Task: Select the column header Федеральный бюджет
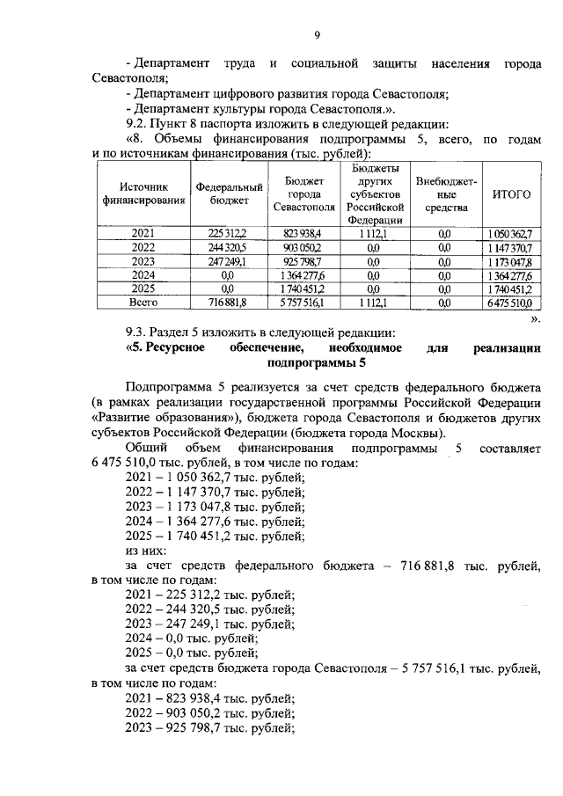click(230, 194)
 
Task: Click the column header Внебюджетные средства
click(446, 194)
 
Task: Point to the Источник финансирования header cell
click(143, 194)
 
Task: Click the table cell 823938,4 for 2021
click(303, 234)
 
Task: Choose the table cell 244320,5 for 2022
click(228, 248)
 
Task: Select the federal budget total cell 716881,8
click(228, 302)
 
